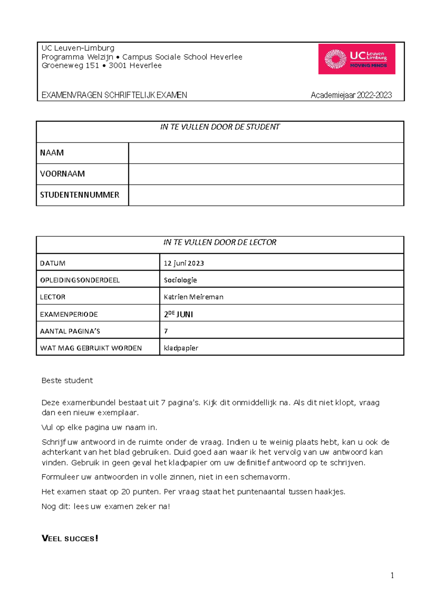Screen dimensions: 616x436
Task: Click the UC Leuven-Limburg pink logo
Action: [x=356, y=59]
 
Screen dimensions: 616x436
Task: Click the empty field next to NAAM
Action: [x=266, y=153]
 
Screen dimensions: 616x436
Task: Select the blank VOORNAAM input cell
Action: [x=266, y=174]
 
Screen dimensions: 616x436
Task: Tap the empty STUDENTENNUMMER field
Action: [x=266, y=195]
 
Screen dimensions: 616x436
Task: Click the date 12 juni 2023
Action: [x=183, y=263]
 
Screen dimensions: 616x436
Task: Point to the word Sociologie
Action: [x=180, y=280]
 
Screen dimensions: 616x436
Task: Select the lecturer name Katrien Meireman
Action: [x=193, y=297]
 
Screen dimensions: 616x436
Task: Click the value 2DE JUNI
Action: [x=178, y=314]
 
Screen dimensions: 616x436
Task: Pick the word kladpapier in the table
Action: [x=181, y=348]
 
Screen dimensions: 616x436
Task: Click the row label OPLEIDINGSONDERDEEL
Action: [x=80, y=280]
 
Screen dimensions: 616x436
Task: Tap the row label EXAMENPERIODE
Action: [x=69, y=314]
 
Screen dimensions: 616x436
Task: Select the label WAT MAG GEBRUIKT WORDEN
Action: [x=91, y=348]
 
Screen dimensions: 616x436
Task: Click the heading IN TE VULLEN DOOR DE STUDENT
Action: [x=220, y=127]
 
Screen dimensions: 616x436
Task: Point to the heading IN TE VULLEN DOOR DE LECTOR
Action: [x=220, y=242]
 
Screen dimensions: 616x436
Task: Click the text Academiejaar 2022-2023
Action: [x=351, y=95]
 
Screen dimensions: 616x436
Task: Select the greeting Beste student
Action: [x=67, y=380]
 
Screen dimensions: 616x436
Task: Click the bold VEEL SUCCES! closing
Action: [x=70, y=538]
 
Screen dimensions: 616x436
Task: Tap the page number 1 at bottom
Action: [x=392, y=575]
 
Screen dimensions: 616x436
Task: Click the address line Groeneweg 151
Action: [x=70, y=66]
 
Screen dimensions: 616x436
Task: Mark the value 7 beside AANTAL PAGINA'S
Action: [x=166, y=331]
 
